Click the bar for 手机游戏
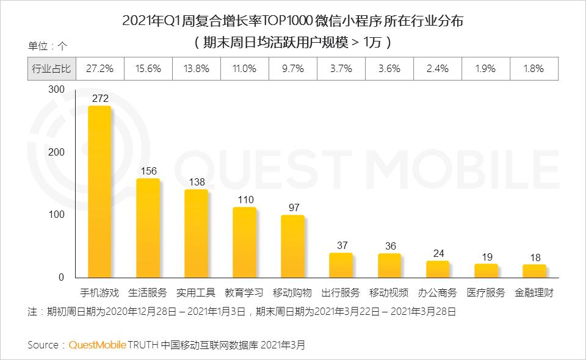99,192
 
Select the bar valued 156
148,228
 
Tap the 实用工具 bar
196,234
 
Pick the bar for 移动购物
292,247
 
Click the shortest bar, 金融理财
535,271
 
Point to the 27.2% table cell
99,69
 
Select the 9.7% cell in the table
293,69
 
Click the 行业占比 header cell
51,69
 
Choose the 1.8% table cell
534,69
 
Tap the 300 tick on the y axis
56,89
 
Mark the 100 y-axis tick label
56,214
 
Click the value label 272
100,98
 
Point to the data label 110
245,200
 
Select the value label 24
438,254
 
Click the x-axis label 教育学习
244,292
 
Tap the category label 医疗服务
486,292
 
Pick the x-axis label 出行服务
341,292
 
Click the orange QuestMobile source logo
97,345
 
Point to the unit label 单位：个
48,46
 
